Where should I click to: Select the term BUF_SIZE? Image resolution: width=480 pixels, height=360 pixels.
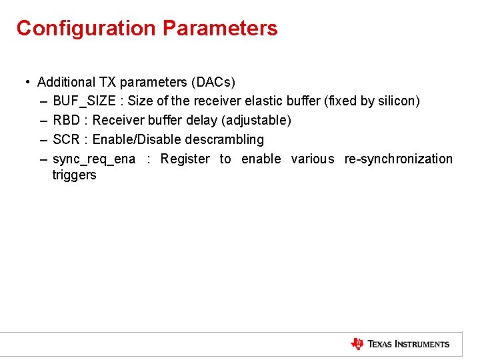(x=84, y=101)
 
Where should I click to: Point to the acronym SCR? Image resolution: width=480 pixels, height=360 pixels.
(x=66, y=140)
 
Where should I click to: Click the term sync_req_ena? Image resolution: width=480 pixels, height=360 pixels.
(x=94, y=159)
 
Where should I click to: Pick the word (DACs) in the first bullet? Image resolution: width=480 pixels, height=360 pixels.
(x=213, y=82)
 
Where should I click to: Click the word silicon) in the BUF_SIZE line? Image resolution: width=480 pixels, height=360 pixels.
(x=399, y=101)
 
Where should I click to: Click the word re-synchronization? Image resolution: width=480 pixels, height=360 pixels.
(x=398, y=159)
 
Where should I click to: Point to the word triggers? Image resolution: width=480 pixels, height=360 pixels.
(x=74, y=175)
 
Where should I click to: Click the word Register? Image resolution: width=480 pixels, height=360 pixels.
(x=185, y=159)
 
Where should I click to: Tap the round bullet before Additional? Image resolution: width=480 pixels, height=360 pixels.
(x=27, y=82)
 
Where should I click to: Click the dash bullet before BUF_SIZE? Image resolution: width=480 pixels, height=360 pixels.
(x=43, y=101)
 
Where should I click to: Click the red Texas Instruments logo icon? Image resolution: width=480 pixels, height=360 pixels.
(x=357, y=344)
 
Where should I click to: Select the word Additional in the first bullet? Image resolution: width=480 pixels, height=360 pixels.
(x=67, y=82)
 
